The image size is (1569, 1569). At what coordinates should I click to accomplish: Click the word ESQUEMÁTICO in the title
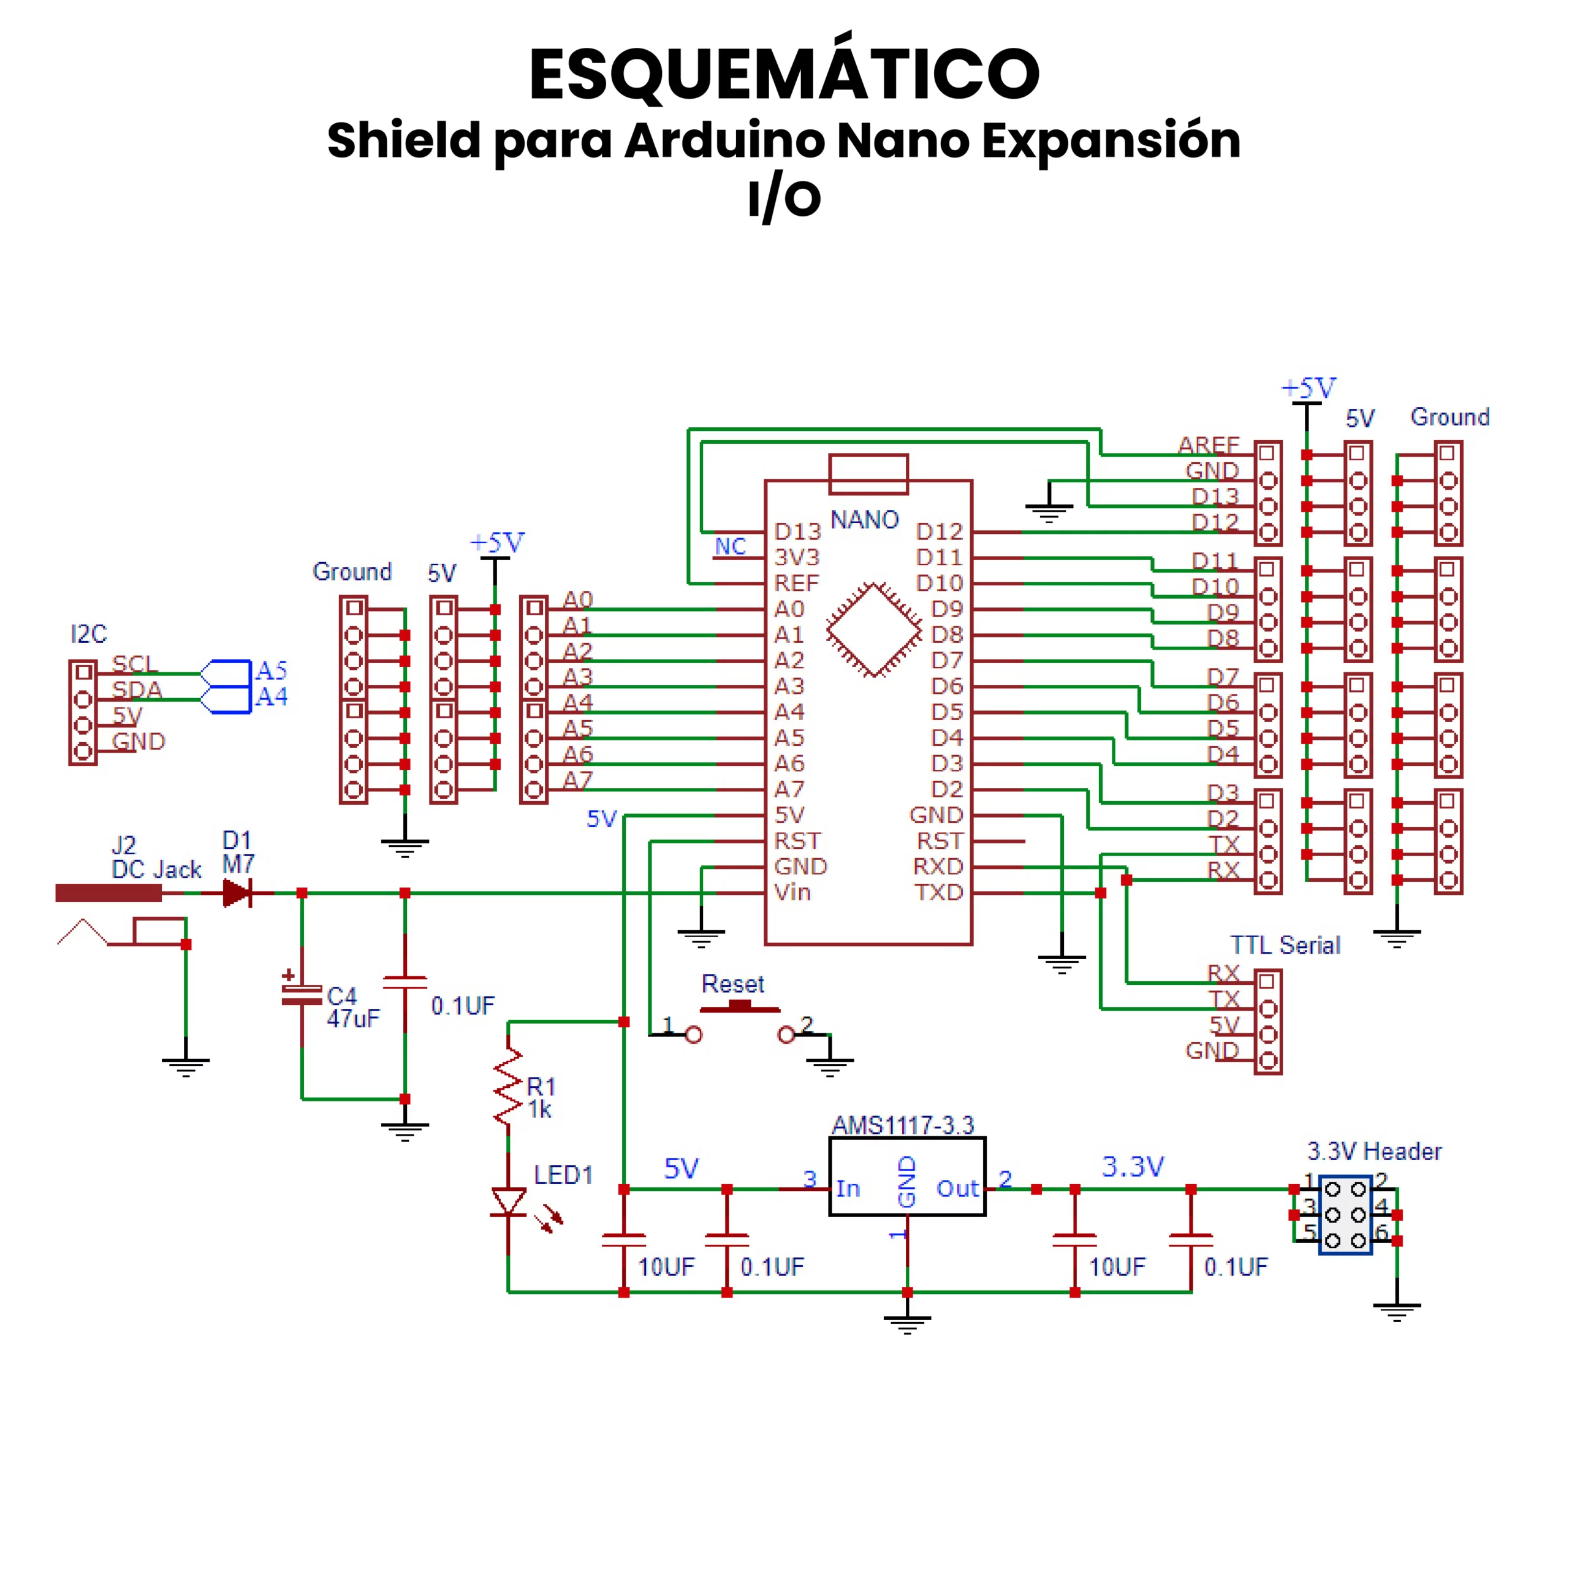(x=784, y=75)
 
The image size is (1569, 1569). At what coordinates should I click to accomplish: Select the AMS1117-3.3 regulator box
(x=906, y=1176)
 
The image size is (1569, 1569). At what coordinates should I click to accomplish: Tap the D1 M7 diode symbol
(x=237, y=894)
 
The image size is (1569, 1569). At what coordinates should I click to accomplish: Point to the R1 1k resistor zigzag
(x=508, y=1087)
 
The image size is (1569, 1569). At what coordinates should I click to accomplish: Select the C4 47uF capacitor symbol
(x=302, y=996)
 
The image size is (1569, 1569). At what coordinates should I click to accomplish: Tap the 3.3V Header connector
(x=1345, y=1215)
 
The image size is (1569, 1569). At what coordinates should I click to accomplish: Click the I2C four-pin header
(x=83, y=712)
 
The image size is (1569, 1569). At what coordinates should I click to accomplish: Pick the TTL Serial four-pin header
(x=1267, y=1022)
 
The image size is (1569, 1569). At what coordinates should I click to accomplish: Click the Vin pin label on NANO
(x=792, y=892)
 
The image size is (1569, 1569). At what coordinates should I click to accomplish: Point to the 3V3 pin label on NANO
(x=797, y=557)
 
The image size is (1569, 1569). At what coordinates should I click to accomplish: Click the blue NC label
(x=730, y=547)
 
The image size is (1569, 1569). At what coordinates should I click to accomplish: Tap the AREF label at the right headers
(x=1209, y=445)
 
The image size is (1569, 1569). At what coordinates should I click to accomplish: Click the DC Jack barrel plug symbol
(x=108, y=894)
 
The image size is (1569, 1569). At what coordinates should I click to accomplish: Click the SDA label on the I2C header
(x=137, y=690)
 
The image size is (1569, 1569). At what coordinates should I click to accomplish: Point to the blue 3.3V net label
(x=1132, y=1167)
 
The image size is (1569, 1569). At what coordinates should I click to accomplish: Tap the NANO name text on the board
(x=864, y=520)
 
